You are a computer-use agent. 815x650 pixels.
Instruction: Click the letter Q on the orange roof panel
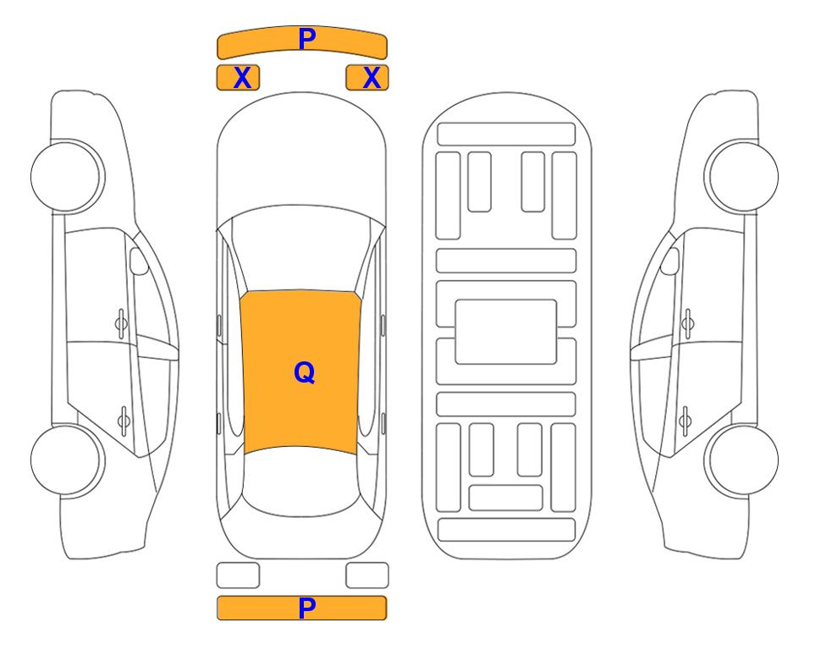coord(305,372)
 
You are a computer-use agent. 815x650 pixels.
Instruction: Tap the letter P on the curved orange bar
coord(307,39)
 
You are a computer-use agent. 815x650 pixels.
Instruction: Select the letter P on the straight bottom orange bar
coord(307,608)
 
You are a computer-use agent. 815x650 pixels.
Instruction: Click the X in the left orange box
coord(242,78)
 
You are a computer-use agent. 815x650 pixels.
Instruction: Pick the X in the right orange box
coord(372,78)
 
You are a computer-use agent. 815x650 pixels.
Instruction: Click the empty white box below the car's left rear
coord(238,576)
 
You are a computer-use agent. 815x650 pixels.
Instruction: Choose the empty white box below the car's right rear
coord(367,576)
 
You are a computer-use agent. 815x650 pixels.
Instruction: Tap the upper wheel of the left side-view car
coord(67,177)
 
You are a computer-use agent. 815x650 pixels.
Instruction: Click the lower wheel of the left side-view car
coord(67,460)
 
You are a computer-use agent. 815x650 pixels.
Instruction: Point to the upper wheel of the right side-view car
coord(741,177)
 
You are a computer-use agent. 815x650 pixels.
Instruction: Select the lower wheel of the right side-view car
coord(741,460)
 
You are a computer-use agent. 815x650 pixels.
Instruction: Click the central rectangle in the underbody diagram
coord(506,332)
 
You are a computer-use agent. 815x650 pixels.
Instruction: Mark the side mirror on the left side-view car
coord(138,262)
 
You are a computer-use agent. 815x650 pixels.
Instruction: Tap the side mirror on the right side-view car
coord(670,262)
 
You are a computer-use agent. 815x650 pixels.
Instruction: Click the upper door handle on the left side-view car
coord(121,324)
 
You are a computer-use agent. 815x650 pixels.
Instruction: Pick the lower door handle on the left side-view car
coord(124,420)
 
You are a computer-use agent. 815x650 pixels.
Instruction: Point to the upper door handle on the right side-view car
coord(688,324)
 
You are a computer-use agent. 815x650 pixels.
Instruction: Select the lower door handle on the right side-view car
coord(685,420)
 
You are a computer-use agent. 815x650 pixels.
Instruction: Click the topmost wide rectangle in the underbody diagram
coord(506,135)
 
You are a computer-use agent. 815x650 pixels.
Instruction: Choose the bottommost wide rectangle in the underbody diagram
coord(506,530)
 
